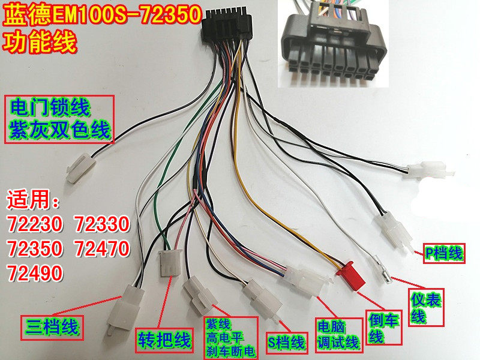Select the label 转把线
click(x=164, y=340)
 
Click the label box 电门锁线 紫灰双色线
click(x=59, y=119)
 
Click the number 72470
click(x=101, y=248)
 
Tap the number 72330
click(x=101, y=224)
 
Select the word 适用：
click(x=34, y=199)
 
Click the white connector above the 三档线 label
click(x=124, y=303)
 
